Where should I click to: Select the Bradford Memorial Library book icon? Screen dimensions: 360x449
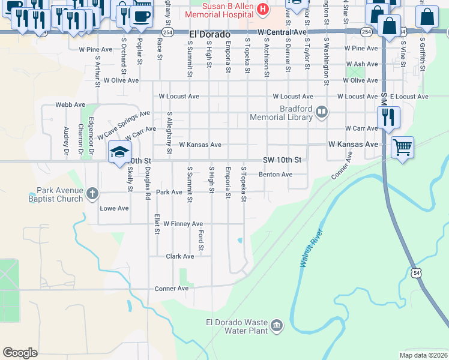point(322,112)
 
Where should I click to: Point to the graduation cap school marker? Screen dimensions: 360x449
point(119,151)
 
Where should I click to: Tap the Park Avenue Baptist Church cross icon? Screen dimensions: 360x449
point(92,193)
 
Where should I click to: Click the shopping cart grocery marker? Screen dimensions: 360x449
point(402,146)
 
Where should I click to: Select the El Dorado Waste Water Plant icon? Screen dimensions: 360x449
point(276,325)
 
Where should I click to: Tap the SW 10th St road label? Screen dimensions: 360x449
point(282,161)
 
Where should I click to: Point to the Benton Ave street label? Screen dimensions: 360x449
point(275,175)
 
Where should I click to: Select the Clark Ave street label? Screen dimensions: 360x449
point(180,256)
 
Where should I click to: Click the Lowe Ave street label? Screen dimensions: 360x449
point(114,209)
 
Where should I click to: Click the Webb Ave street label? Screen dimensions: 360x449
point(67,104)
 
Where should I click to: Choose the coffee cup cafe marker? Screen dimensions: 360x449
point(141,16)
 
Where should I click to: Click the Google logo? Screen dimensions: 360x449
point(20,353)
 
